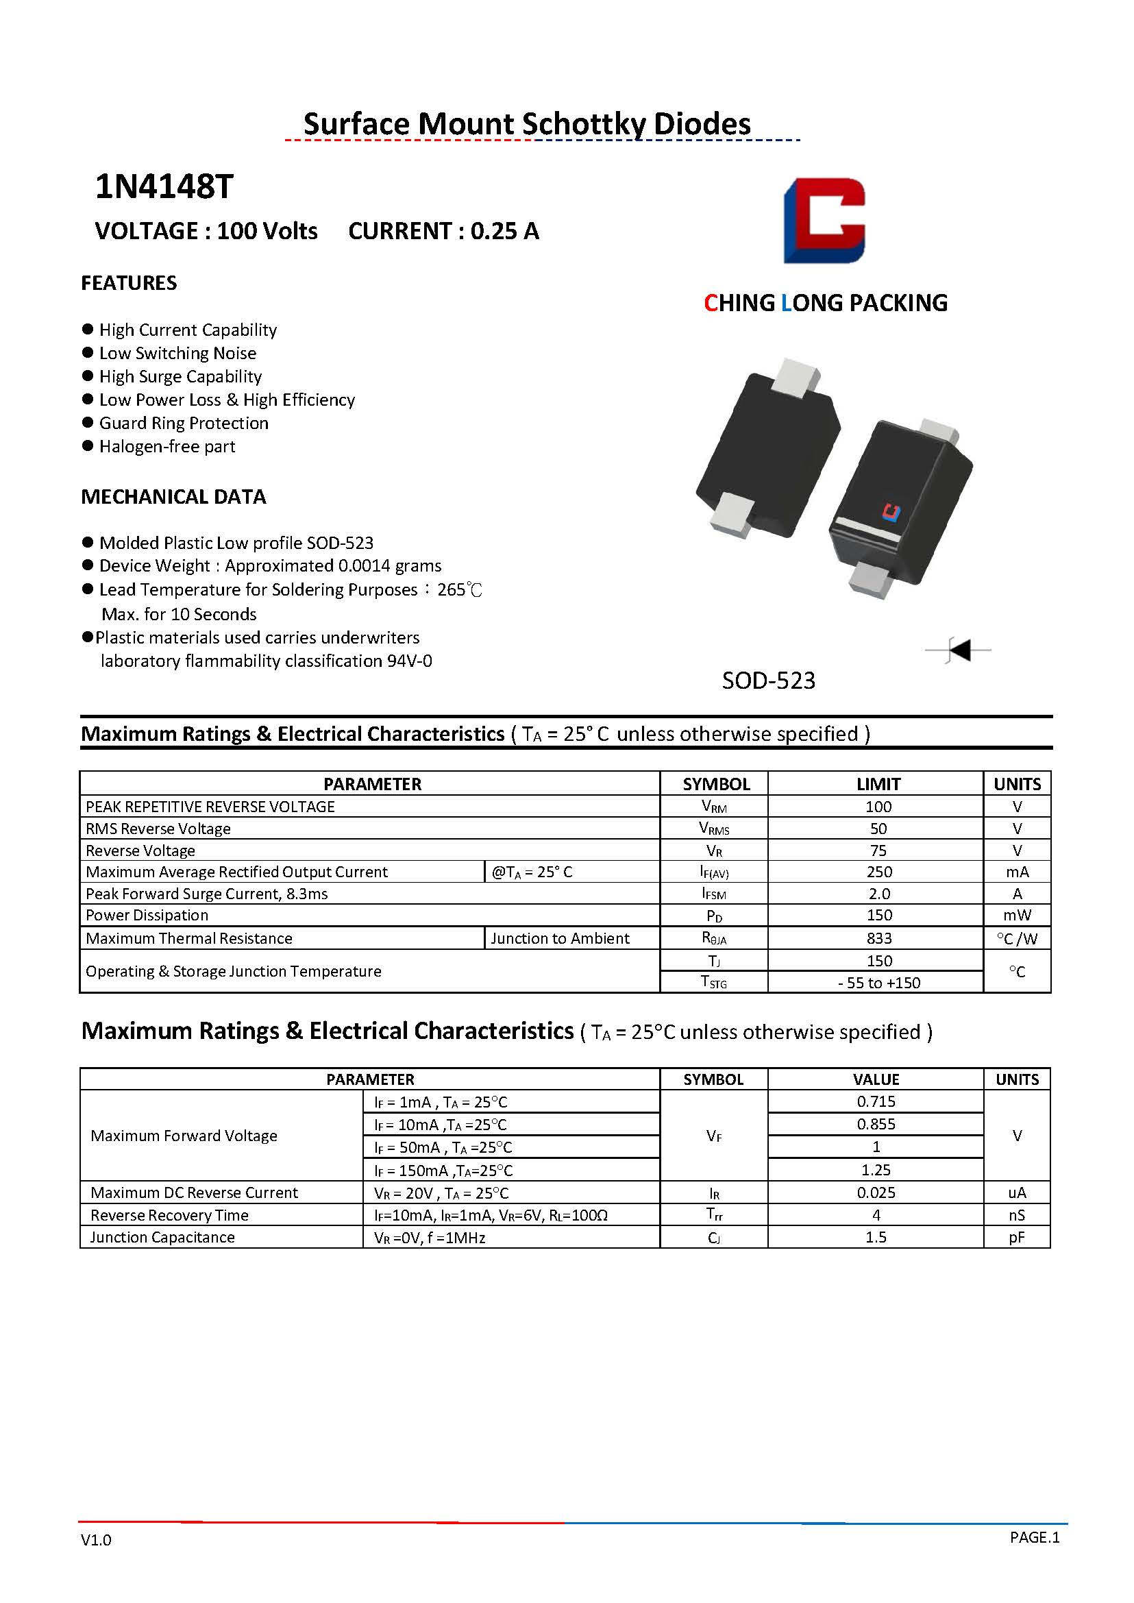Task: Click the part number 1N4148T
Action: coord(164,186)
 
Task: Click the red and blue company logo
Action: coord(824,221)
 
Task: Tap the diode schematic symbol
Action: coord(959,650)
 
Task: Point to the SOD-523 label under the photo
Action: coord(768,681)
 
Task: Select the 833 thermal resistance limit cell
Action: coord(878,938)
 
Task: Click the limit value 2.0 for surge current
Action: coord(878,894)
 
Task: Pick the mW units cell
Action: coord(1017,915)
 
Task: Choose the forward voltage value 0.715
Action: coord(876,1101)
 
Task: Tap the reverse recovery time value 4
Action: coord(876,1214)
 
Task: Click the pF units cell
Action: coord(1017,1237)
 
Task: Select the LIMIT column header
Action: coord(878,784)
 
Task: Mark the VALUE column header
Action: coord(876,1079)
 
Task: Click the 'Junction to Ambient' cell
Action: coord(560,938)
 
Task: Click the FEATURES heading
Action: coord(130,283)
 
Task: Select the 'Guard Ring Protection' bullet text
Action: coord(184,423)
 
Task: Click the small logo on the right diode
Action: coord(891,512)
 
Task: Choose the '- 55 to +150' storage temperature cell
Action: coord(878,983)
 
